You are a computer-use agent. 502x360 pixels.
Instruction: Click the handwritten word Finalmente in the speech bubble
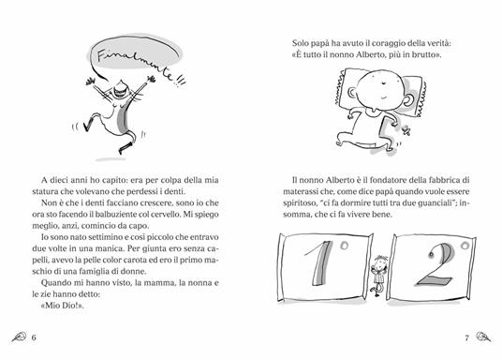tap(136, 64)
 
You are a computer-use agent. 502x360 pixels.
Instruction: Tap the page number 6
tap(34, 337)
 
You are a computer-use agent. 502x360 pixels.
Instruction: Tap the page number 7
tap(466, 337)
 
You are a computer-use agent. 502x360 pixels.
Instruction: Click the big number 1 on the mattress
tap(320, 263)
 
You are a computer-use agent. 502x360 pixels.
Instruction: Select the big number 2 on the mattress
tap(437, 264)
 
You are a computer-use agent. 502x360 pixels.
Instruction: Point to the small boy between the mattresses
tap(379, 275)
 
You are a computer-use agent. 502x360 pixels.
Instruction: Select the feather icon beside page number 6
tap(20, 337)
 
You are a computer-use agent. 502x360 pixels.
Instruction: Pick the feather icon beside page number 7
tap(482, 337)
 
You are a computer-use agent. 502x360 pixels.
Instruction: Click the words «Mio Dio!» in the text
tap(63, 306)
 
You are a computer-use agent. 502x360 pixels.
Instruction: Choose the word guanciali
tap(435, 203)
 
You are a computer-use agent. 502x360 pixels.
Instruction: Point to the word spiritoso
tap(299, 203)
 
